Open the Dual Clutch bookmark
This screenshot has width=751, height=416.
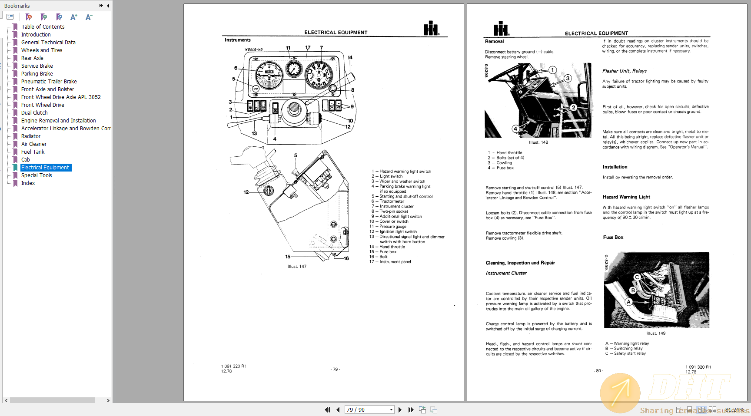pyautogui.click(x=34, y=113)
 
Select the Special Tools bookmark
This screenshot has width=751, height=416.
pyautogui.click(x=37, y=175)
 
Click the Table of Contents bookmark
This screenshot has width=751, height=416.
pyautogui.click(x=43, y=27)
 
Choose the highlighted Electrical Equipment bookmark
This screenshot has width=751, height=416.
pyautogui.click(x=45, y=168)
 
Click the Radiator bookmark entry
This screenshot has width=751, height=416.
pyautogui.click(x=31, y=136)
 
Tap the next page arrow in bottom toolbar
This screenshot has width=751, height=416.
pyautogui.click(x=400, y=409)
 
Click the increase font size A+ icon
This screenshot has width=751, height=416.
pyautogui.click(x=74, y=17)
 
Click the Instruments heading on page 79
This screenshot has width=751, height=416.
pyautogui.click(x=237, y=40)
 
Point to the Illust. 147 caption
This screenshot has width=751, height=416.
pyautogui.click(x=297, y=267)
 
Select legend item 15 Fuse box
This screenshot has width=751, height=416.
pyautogui.click(x=388, y=252)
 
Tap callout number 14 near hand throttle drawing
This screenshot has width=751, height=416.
pyautogui.click(x=350, y=57)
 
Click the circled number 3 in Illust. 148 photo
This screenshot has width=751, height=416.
pyautogui.click(x=568, y=79)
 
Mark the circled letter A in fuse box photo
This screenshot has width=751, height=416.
pyautogui.click(x=628, y=302)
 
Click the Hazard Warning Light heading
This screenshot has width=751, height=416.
pyautogui.click(x=626, y=197)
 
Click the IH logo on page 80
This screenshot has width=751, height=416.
pyautogui.click(x=501, y=29)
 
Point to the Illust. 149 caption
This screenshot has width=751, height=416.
pyautogui.click(x=656, y=333)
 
